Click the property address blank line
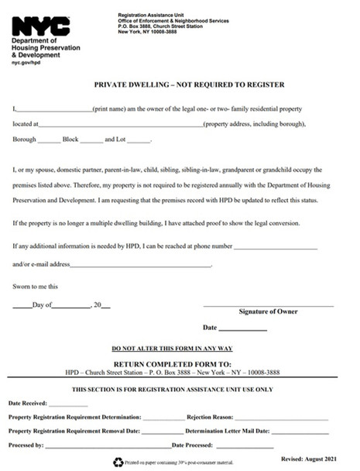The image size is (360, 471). pos(120,125)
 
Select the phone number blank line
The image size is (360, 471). pos(276,247)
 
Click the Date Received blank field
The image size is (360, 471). pos(69,404)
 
